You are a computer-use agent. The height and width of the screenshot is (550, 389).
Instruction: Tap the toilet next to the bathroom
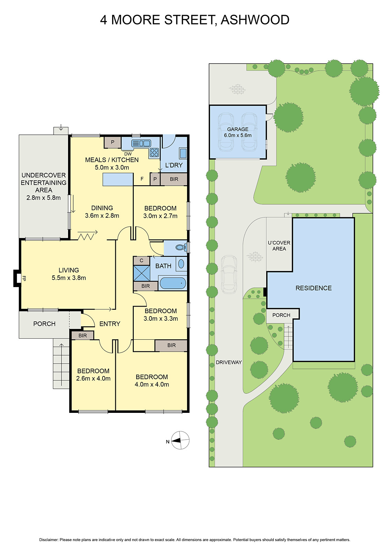click(x=180, y=247)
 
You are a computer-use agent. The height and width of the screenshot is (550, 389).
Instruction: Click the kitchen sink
click(x=141, y=143)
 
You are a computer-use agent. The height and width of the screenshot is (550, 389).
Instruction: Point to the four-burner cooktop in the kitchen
click(x=154, y=152)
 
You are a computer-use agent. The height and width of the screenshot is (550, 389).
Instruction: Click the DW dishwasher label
click(x=128, y=154)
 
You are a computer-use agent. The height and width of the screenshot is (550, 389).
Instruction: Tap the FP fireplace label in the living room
click(x=24, y=278)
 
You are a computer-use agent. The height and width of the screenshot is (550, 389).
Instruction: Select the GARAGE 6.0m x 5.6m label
click(x=238, y=132)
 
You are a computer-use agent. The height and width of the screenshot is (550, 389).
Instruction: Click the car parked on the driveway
click(x=229, y=274)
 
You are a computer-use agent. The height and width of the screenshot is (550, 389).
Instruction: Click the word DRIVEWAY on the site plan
click(x=229, y=362)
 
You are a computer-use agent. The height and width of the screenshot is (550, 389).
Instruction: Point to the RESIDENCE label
click(x=313, y=288)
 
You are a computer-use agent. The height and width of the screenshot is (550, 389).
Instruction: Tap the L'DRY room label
click(x=174, y=165)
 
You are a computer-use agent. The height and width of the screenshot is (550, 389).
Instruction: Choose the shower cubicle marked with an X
click(x=142, y=273)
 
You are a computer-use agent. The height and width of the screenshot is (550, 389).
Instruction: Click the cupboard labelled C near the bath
click(x=141, y=261)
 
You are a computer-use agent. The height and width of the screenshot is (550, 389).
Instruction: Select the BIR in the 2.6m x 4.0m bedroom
click(x=83, y=335)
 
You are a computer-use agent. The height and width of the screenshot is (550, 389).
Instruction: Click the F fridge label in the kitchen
click(x=142, y=179)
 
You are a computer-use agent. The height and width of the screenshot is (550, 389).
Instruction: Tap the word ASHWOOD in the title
click(x=255, y=20)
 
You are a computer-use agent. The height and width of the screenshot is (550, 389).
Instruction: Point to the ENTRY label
click(x=110, y=324)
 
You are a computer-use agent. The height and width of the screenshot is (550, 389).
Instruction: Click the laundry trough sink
click(x=183, y=153)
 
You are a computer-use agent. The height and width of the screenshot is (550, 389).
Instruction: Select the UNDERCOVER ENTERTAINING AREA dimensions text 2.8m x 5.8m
click(x=43, y=198)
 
